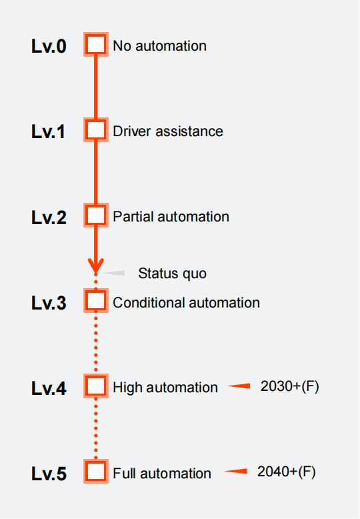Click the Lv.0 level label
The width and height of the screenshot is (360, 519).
[49, 46]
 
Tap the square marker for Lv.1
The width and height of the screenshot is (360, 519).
[96, 129]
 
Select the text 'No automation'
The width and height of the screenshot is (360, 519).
[159, 45]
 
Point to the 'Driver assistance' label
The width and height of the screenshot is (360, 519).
[168, 131]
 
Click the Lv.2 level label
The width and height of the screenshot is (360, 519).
[49, 217]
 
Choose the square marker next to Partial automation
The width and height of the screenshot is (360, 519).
[96, 215]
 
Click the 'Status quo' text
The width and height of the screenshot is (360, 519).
[172, 274]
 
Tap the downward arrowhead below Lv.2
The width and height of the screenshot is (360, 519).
[96, 266]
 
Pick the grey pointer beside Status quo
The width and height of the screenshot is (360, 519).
[113, 273]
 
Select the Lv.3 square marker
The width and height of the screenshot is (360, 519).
[96, 301]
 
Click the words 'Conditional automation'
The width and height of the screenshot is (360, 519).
[186, 303]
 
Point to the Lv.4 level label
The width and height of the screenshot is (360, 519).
[49, 388]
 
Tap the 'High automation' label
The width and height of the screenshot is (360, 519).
[165, 388]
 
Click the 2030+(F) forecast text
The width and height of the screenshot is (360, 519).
[289, 386]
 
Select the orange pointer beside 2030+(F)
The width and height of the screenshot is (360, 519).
[239, 386]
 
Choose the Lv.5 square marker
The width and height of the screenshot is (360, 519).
[96, 472]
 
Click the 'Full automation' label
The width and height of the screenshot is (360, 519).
[162, 474]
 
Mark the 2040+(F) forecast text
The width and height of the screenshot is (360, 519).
[286, 472]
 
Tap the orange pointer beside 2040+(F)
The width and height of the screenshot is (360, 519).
[235, 472]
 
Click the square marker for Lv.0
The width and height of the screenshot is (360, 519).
[96, 44]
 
